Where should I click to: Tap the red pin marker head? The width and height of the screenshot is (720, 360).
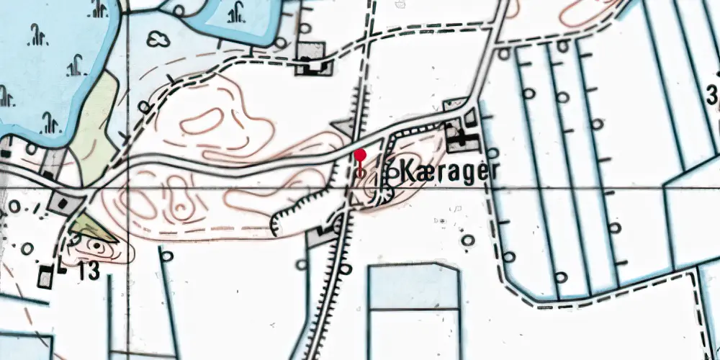coord(360,154)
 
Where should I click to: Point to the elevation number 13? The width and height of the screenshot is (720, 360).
coord(90,271)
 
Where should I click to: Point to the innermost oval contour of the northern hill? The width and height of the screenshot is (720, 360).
coord(209,121)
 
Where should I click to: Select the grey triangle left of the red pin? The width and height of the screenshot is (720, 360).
coord(342,127)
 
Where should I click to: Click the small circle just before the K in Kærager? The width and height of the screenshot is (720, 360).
coord(392,172)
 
